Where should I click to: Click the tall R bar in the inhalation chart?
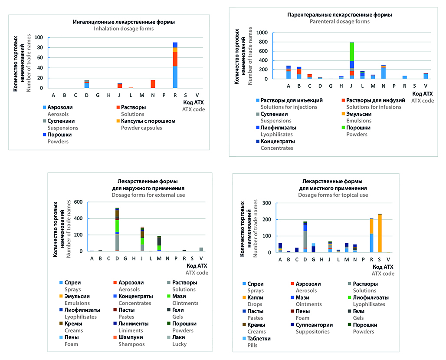pos(175,65)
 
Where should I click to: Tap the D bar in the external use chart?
pos(117,230)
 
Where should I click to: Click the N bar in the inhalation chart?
pos(152,84)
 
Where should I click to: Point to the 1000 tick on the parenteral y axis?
pos(261,33)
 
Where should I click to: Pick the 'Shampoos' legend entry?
pos(131,344)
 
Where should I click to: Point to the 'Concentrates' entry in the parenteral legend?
pos(278,148)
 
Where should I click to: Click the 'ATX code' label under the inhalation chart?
pos(194,109)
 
